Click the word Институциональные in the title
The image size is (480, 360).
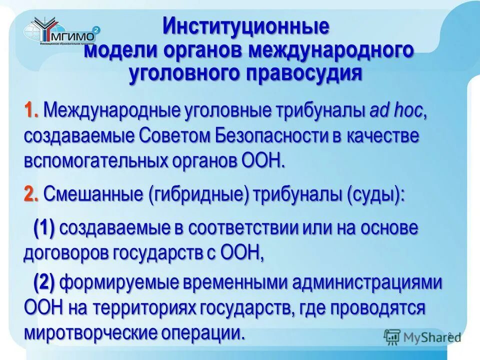tap(246, 26)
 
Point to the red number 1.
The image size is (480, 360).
tap(30, 111)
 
